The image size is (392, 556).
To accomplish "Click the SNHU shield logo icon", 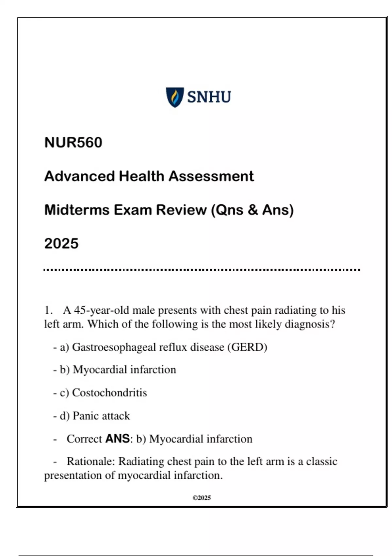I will point(175,97).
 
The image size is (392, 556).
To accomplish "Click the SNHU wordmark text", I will point(209,97).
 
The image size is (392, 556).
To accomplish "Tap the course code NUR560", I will point(73,143).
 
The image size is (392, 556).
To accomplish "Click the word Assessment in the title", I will point(211,176).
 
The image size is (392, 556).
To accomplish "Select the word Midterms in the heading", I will point(77,210).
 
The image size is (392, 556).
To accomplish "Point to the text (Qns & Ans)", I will point(253,210).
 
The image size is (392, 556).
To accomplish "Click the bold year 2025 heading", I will point(61,244).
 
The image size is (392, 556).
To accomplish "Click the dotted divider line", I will point(202,270).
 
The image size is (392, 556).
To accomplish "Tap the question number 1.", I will point(48,310).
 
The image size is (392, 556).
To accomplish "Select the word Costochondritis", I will point(109,392).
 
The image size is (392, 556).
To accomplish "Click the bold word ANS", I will point(118,439).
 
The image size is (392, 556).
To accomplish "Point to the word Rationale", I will point(90,461).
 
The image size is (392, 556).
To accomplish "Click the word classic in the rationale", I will point(321,461).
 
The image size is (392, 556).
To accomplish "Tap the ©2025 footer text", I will point(202,498).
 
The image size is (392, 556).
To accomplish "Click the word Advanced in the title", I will point(79,176).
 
